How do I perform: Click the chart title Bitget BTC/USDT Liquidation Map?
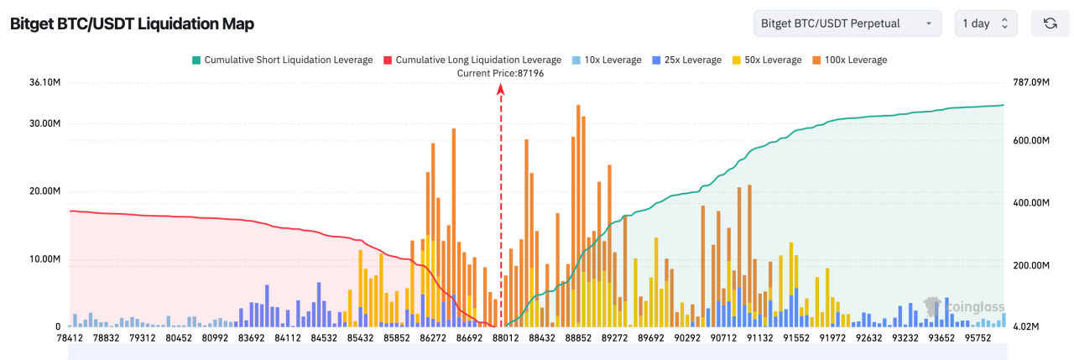point(132,23)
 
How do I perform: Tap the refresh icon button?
point(1050,23)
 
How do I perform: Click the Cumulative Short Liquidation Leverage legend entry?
point(282,60)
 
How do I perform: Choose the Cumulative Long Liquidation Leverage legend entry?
point(472,60)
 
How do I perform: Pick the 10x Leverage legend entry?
point(597,60)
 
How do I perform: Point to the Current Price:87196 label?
point(500,74)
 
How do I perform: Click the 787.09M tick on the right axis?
point(1030,82)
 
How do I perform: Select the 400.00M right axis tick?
point(1030,203)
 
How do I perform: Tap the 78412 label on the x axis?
point(70,339)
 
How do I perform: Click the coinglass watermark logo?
point(963,307)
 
